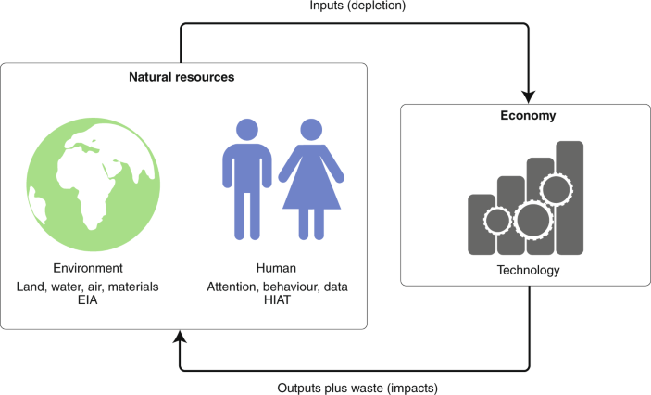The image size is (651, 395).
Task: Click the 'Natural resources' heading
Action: click(x=182, y=77)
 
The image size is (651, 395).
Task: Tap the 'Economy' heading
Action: click(x=527, y=118)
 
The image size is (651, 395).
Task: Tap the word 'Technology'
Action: click(x=526, y=270)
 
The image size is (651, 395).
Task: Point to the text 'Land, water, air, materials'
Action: click(x=88, y=287)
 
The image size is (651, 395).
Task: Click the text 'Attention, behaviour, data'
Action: click(x=278, y=287)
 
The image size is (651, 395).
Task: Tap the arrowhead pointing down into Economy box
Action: click(x=528, y=96)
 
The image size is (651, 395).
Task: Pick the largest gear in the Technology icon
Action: click(x=532, y=221)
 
